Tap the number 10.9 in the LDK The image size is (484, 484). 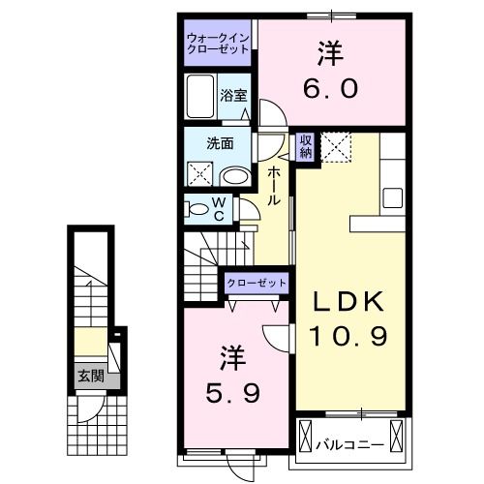click(348, 337)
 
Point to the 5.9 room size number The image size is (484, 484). click(233, 392)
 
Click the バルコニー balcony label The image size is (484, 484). click(350, 445)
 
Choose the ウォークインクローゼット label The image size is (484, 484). click(219, 44)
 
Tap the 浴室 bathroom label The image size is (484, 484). click(232, 95)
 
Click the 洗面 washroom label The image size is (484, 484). click(219, 143)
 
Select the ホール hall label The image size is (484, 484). click(275, 185)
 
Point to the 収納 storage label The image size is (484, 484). click(305, 146)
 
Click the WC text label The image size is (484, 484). click(219, 208)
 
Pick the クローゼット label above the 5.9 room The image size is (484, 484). click(257, 282)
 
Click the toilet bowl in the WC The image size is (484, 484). click(197, 208)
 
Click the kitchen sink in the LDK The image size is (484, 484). click(393, 197)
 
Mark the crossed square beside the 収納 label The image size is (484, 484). click(339, 147)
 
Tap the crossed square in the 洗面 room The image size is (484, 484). click(198, 174)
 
